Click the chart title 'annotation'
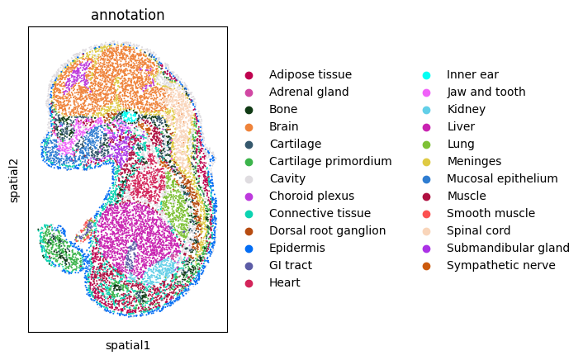pos(127,15)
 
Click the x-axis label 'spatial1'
pos(127,345)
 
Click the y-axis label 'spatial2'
pos(14,181)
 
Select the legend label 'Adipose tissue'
pos(310,74)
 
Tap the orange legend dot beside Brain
pos(249,127)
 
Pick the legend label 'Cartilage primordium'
pos(330,161)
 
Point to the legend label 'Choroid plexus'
pos(311,196)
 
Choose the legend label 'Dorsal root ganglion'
pos(328,230)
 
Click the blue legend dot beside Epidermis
pos(249,249)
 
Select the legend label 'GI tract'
pos(291,265)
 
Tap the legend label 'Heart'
pos(285,282)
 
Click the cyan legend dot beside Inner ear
pos(426,75)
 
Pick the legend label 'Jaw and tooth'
pos(486,92)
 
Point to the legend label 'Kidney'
pos(467,109)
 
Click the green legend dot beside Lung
pos(426,144)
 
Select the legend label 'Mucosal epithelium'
pos(502,178)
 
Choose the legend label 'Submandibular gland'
pos(508,248)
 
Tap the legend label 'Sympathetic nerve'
pos(501,265)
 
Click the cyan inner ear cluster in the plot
pos(130,116)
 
